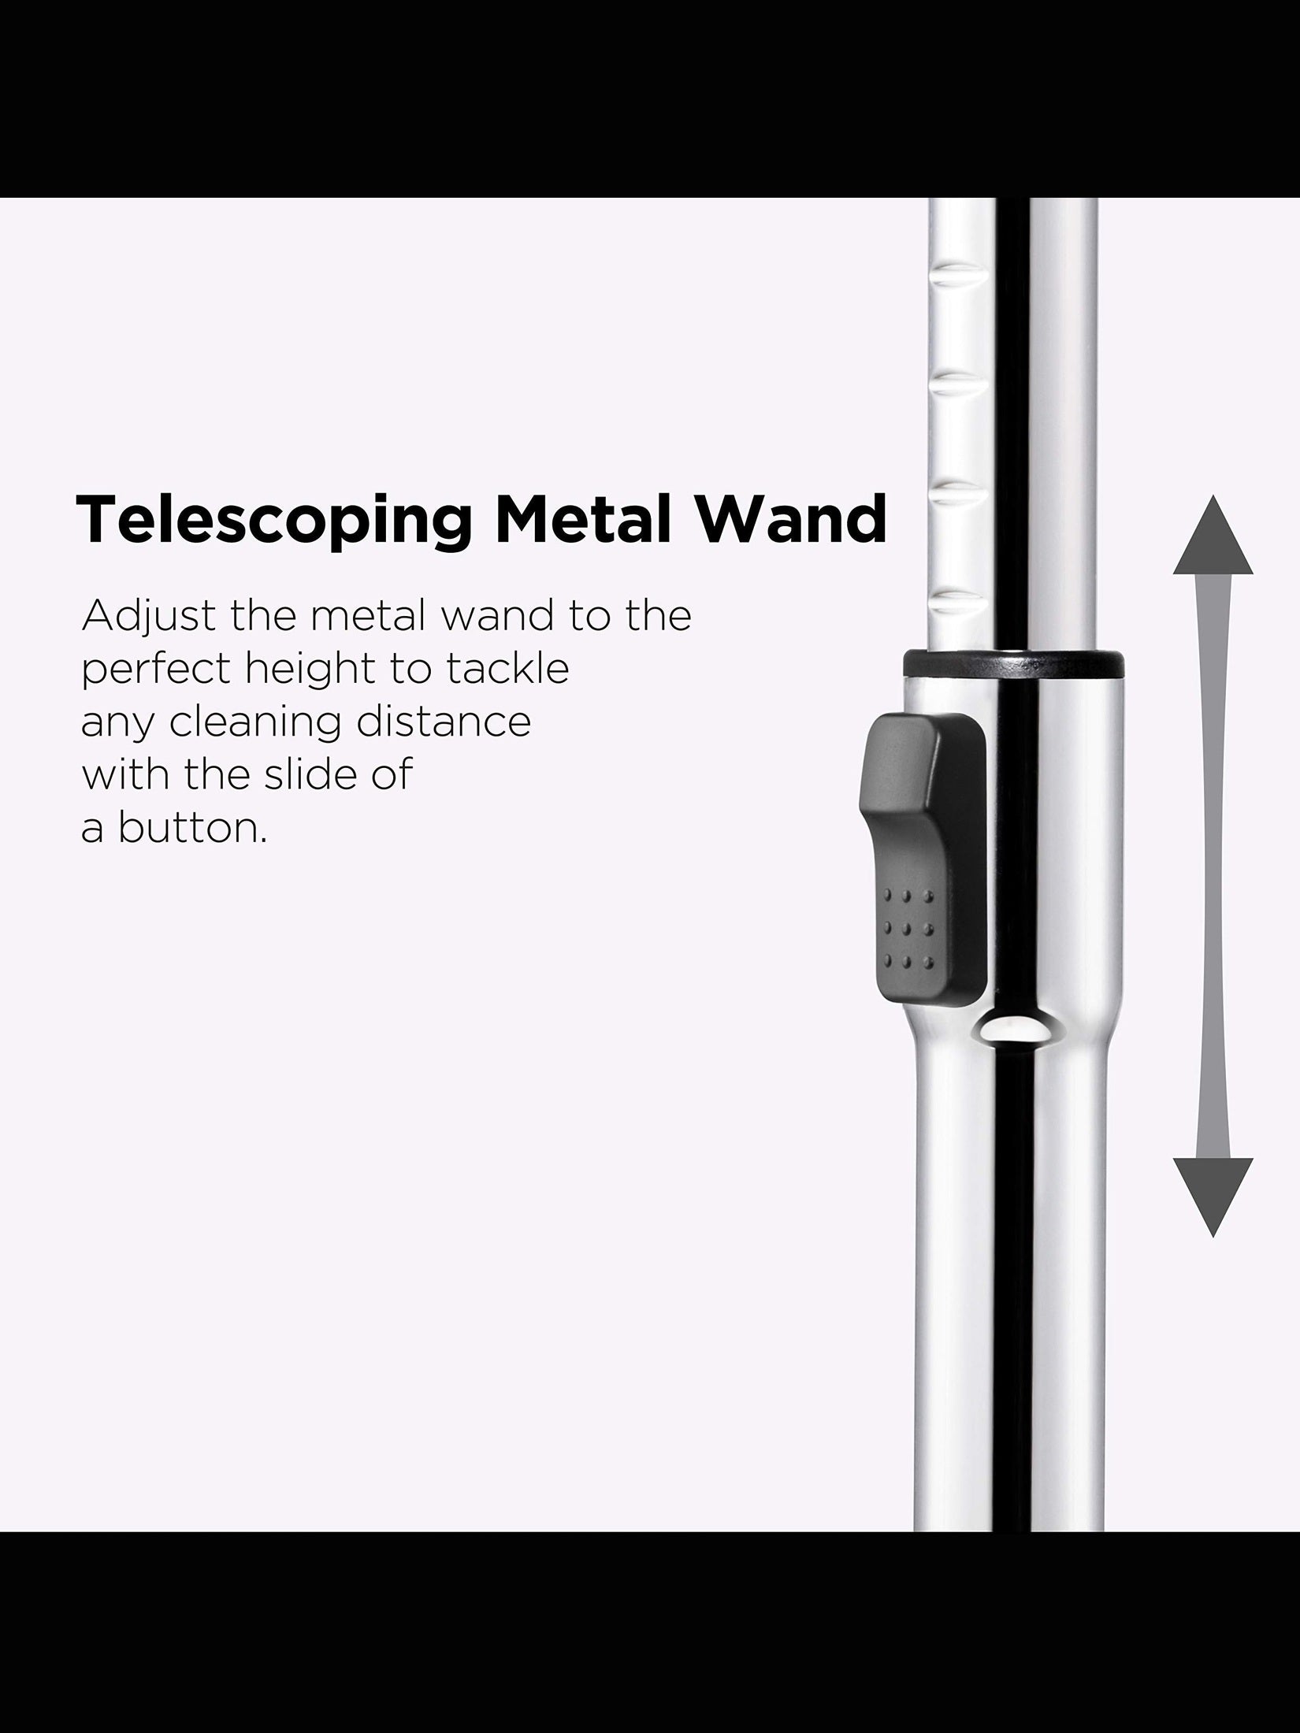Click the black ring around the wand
pos(1012,663)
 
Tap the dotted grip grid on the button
pos(908,929)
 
